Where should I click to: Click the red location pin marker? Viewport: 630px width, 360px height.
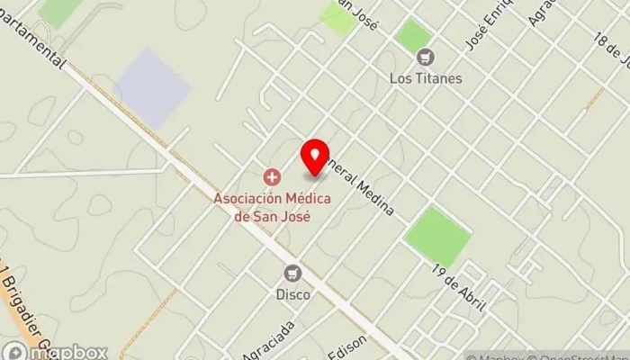coord(315,157)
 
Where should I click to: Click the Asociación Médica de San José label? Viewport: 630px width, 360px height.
coord(272,206)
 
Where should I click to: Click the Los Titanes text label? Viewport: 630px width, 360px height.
coord(426,78)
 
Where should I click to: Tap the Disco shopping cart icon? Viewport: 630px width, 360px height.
coord(292,273)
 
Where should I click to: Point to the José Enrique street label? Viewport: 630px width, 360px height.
coord(481,28)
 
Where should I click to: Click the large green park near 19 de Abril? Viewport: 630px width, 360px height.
coord(437,236)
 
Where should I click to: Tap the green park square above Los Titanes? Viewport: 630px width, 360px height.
coord(413,35)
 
